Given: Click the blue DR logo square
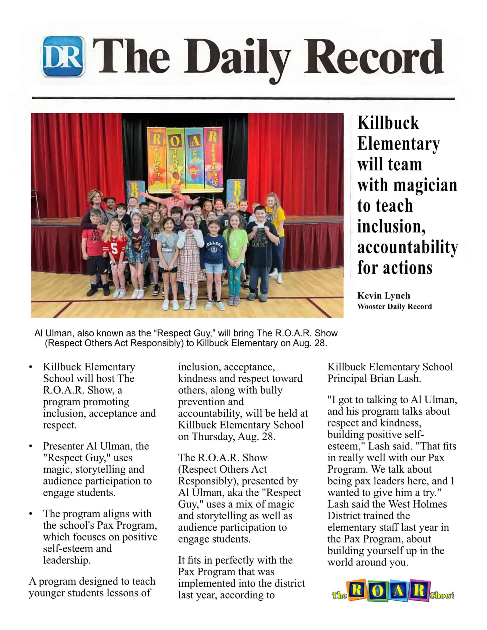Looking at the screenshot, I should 63,57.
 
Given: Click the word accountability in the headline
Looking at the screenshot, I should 407,247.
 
